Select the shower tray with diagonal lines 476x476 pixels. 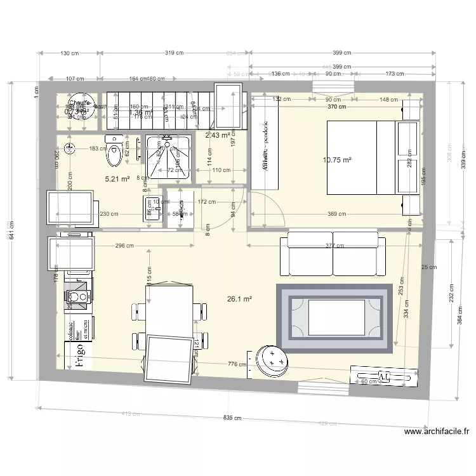coord(168,155)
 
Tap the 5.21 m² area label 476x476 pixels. coord(117,180)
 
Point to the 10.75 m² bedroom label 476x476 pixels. coord(337,161)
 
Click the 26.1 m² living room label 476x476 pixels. coord(240,299)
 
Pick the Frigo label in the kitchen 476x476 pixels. coord(80,356)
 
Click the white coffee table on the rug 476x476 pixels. coord(336,318)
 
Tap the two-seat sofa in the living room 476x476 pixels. coord(333,253)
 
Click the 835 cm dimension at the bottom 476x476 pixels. coord(232,418)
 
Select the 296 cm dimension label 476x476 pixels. coord(124,246)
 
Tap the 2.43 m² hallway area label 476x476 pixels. coord(217,135)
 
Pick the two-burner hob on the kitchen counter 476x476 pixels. coord(78,296)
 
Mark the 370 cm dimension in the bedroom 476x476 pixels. coord(337,107)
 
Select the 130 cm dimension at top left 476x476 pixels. coord(70,53)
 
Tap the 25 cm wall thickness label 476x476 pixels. coord(428,267)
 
